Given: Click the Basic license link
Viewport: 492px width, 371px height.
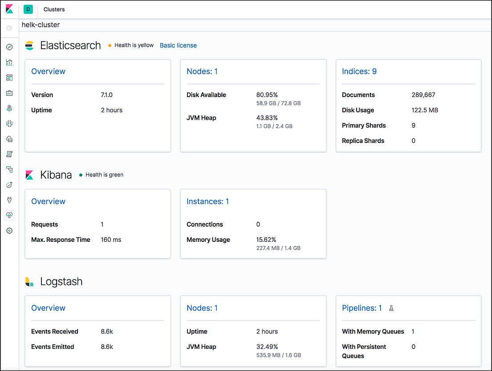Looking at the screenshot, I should click(x=178, y=45).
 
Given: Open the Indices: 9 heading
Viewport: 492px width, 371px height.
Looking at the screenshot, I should click(x=359, y=71).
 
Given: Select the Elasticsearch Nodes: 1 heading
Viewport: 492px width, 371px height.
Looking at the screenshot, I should click(x=202, y=71).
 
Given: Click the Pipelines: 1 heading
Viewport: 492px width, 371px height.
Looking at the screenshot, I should click(x=362, y=308).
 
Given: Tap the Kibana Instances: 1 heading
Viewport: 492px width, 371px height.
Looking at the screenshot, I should click(x=208, y=201).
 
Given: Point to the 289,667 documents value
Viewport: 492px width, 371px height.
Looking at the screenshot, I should click(x=423, y=95).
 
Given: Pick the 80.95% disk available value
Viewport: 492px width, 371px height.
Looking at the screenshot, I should click(x=267, y=95).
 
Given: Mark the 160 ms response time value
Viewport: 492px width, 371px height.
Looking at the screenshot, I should click(x=111, y=240).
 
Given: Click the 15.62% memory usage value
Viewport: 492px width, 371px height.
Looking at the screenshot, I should click(x=267, y=240).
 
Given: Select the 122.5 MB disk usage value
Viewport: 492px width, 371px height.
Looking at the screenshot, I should click(x=425, y=110).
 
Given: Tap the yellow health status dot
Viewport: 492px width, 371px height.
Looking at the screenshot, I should click(x=110, y=45).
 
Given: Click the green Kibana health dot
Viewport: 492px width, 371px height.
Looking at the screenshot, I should click(x=81, y=175).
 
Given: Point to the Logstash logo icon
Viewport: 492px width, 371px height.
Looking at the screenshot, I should click(x=29, y=281).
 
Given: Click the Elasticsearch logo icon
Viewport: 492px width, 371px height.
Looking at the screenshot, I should click(x=29, y=45).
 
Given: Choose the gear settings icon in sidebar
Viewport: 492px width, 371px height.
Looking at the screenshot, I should click(x=9, y=231).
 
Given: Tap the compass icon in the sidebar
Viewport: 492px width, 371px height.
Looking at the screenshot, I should click(x=9, y=47).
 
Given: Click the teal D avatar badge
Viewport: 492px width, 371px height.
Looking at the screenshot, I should click(x=29, y=9).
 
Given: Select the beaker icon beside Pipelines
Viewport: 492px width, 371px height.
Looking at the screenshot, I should click(x=391, y=308).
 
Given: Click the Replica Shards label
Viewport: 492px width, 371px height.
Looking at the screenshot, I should click(x=363, y=141).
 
